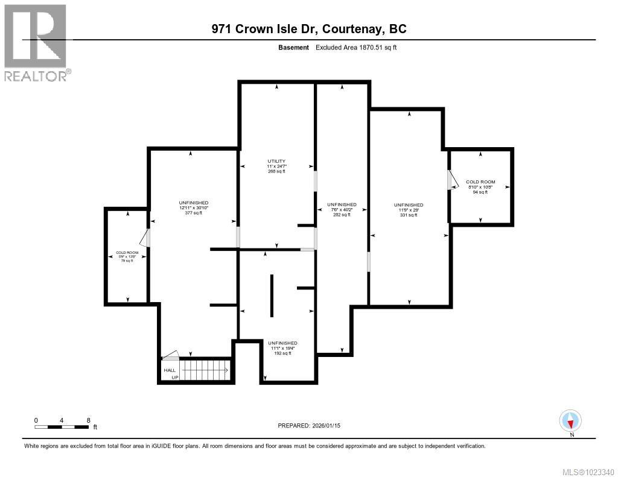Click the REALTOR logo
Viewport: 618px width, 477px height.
[36, 42]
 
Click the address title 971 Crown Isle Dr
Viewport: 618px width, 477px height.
[309, 28]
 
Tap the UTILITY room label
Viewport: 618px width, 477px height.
[276, 160]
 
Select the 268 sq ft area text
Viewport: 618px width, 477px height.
[276, 171]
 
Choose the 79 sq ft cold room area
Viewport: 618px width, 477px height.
[127, 261]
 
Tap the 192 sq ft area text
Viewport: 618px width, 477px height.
[282, 353]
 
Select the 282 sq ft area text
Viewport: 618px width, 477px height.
[342, 215]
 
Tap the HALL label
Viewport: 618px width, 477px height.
[169, 370]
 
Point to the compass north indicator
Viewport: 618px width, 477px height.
[570, 420]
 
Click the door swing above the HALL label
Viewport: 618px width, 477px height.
[171, 355]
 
